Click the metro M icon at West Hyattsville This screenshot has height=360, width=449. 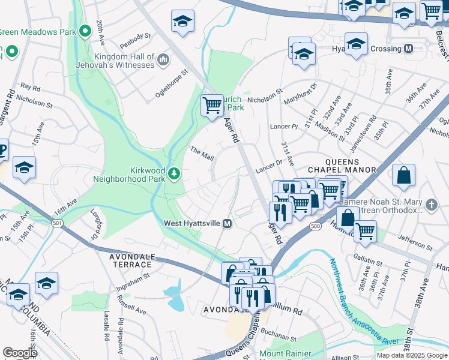[x=228, y=224]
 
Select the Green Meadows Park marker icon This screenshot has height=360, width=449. [x=85, y=29]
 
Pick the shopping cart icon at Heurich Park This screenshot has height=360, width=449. [x=212, y=106]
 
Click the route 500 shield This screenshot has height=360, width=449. [x=315, y=226]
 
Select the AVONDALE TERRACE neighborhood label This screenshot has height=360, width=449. [x=130, y=260]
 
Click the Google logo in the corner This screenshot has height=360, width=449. [x=20, y=353]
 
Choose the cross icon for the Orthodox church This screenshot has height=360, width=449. [x=430, y=206]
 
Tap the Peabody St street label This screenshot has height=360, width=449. [x=134, y=37]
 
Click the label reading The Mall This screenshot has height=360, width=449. [x=202, y=154]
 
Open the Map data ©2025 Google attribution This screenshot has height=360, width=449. [x=411, y=355]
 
